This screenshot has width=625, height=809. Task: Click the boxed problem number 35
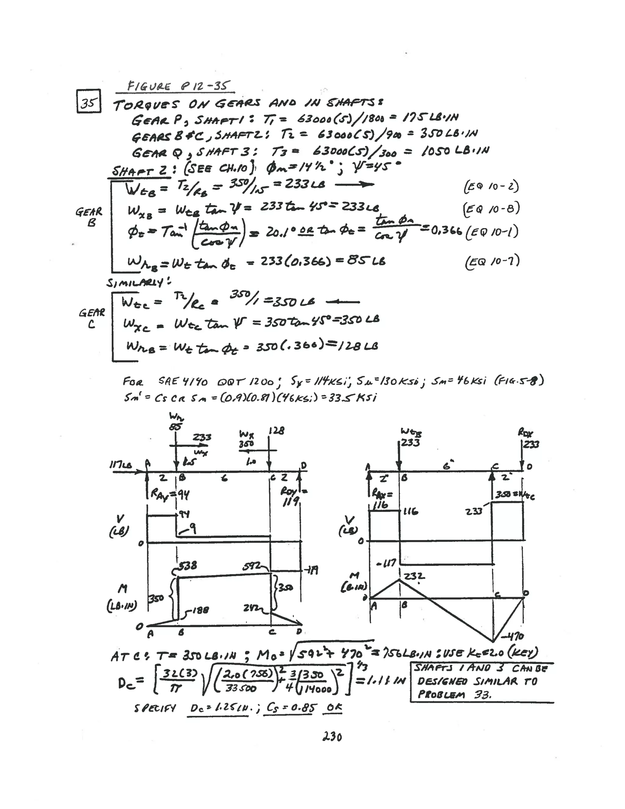click(x=89, y=101)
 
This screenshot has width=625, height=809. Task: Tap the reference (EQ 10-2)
click(x=491, y=186)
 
